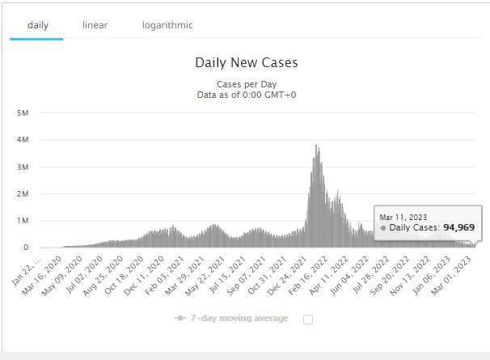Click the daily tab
coord(37,25)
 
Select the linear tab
coord(95,25)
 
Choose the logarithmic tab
coord(167,25)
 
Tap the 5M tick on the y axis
coord(23,113)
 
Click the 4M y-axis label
coord(23,140)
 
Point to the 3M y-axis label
coord(23,167)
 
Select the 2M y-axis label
coord(23,194)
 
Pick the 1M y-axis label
coord(23,221)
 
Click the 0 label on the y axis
coord(27,248)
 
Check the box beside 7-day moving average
coord(307,319)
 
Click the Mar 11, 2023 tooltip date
coord(403,216)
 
